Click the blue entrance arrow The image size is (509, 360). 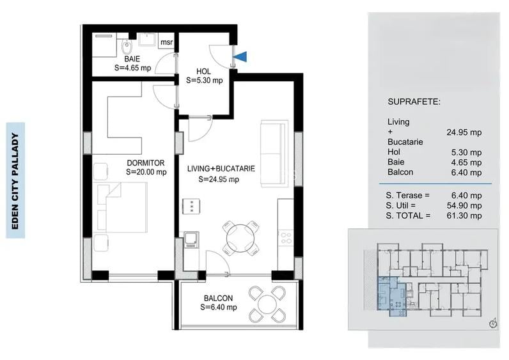[239, 57]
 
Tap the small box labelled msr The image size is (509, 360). [166, 43]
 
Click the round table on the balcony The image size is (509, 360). [267, 304]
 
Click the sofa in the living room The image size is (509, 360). [273, 153]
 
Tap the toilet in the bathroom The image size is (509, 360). [127, 45]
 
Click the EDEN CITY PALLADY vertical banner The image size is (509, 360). [15, 180]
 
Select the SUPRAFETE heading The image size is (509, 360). [413, 102]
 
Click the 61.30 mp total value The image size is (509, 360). [465, 216]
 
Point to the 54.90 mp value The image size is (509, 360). [465, 206]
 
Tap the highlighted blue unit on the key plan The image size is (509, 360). [391, 297]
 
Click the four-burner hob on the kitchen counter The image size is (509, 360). [286, 239]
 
